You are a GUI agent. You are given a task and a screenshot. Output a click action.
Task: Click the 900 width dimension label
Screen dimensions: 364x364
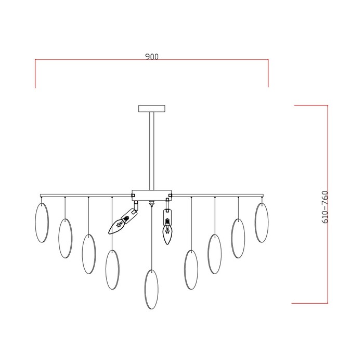[x=152, y=56]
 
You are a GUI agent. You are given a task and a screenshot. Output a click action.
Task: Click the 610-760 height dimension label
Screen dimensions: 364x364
[x=325, y=207]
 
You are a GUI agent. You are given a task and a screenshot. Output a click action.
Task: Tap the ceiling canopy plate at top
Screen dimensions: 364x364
[x=152, y=108]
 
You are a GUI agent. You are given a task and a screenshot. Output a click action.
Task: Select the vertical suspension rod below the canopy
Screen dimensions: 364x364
[x=152, y=151]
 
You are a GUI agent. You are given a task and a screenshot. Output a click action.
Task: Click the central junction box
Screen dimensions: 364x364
[x=152, y=196]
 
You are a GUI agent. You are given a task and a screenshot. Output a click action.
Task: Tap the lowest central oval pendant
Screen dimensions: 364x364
[x=152, y=289]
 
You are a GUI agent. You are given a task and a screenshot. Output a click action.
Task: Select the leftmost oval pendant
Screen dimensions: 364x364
[x=42, y=223]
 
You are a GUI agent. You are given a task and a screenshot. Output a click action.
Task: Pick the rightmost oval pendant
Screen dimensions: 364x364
[x=262, y=223]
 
